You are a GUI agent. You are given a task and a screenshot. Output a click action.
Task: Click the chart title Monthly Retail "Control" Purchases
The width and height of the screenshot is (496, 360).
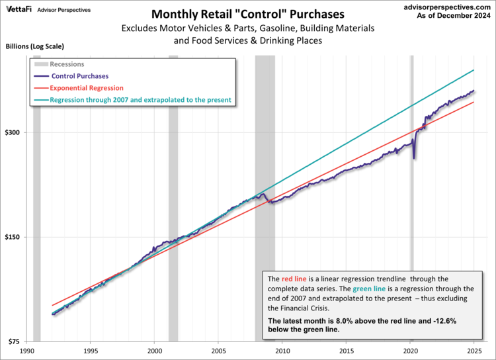click(248, 14)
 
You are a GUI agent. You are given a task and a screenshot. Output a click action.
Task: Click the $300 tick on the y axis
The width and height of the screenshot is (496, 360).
click(15, 132)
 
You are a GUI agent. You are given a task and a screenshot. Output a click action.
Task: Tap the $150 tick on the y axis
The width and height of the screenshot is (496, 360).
click(15, 237)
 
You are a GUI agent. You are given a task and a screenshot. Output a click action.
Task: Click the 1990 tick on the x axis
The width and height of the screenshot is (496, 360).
click(27, 351)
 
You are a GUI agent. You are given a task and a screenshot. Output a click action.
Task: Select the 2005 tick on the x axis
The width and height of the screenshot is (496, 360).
click(219, 351)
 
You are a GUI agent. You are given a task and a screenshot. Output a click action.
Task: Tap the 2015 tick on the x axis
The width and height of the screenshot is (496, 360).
click(347, 351)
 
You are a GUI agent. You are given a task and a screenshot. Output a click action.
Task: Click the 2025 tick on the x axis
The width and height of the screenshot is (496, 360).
click(474, 351)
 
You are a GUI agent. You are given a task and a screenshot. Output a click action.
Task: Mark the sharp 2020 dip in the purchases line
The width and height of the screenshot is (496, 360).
click(414, 157)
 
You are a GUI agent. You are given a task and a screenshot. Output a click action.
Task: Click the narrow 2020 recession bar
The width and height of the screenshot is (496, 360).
click(411, 199)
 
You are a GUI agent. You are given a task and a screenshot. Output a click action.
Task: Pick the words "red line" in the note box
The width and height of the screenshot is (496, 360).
click(294, 279)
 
